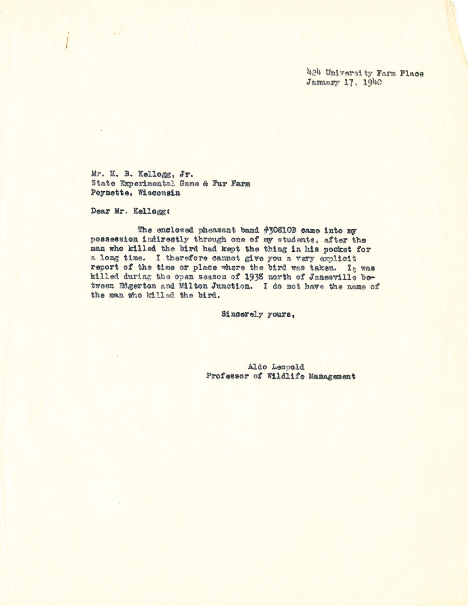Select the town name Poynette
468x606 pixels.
(109, 193)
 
